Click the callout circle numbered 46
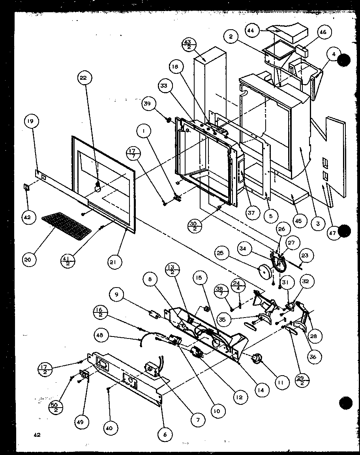tap(323, 32)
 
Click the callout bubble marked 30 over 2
tap(193, 226)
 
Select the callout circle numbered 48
tap(101, 335)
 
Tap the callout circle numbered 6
tap(165, 434)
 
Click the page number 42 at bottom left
tap(37, 435)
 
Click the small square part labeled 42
tap(27, 186)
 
